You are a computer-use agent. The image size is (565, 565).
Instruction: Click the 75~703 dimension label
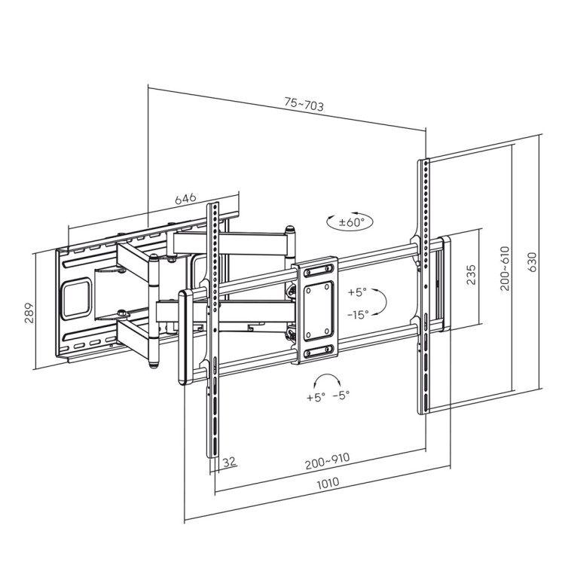(x=304, y=105)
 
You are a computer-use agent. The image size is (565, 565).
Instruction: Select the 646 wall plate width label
(x=185, y=198)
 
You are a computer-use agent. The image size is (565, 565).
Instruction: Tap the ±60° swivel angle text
(x=351, y=222)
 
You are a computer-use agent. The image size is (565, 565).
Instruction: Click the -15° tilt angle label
(x=357, y=314)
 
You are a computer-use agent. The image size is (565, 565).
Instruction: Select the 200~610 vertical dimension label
(x=504, y=267)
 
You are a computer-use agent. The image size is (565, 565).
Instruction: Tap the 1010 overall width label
(x=327, y=482)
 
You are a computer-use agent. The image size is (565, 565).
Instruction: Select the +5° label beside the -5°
(x=316, y=396)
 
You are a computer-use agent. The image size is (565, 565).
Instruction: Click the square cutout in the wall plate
(x=76, y=297)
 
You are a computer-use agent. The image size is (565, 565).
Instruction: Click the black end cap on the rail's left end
(x=183, y=338)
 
